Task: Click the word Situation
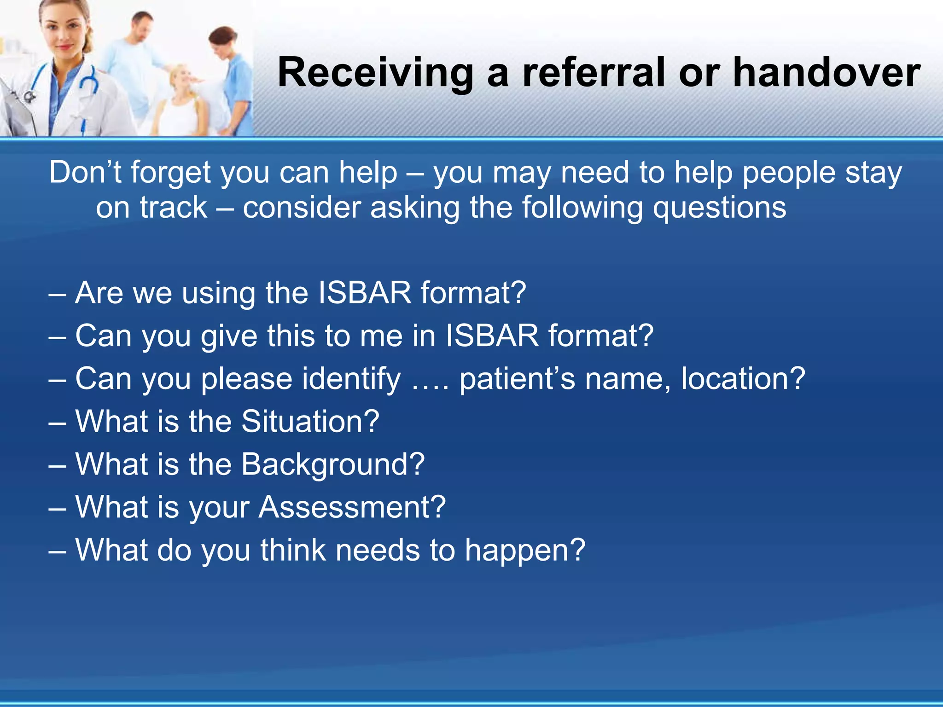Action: click(x=304, y=421)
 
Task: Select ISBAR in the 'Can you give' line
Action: click(x=492, y=336)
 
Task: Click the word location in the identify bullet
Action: click(x=735, y=378)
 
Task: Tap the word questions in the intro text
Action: click(x=719, y=208)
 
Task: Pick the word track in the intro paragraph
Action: click(x=174, y=208)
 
